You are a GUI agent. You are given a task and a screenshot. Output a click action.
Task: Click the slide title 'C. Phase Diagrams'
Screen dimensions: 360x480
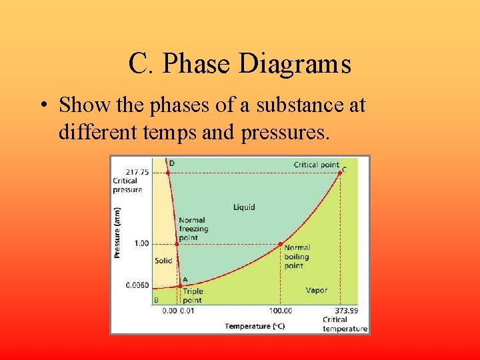click(x=239, y=64)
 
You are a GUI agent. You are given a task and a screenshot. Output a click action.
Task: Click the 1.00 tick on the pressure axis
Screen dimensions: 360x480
click(x=141, y=243)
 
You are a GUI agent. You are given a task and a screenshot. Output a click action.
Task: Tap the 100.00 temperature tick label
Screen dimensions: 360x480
click(x=281, y=311)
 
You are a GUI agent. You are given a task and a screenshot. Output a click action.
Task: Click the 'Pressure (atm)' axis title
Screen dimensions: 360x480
click(x=117, y=231)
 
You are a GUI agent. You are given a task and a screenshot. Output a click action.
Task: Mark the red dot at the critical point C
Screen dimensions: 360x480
click(x=340, y=172)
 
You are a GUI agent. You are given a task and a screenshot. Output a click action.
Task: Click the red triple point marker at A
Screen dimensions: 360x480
click(x=179, y=285)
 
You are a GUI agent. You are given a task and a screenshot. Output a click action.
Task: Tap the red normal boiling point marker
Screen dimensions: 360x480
click(x=281, y=243)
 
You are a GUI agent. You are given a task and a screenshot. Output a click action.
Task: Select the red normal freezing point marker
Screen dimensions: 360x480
click(x=177, y=243)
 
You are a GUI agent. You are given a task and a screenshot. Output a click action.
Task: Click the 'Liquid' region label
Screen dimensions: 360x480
click(x=243, y=207)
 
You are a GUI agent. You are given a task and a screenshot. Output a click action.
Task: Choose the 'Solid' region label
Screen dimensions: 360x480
click(x=163, y=261)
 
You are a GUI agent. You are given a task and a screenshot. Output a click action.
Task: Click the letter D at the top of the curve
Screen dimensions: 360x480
click(x=172, y=163)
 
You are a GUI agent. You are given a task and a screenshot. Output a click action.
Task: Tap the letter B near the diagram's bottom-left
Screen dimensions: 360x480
click(x=156, y=300)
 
